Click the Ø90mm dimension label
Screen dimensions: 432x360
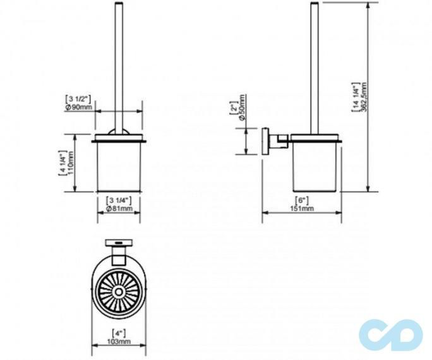(79, 107)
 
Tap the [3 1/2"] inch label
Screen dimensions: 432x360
(78, 99)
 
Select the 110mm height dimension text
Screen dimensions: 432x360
(71, 163)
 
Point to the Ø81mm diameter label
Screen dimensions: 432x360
(119, 208)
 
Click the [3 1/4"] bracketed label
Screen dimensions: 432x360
(118, 200)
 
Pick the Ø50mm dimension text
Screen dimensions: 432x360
(242, 107)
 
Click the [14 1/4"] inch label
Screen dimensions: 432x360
(356, 97)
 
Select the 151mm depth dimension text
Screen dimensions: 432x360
(302, 208)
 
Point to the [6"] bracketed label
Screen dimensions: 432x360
(301, 200)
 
